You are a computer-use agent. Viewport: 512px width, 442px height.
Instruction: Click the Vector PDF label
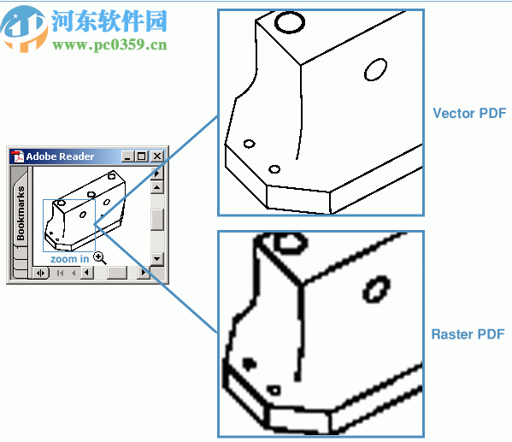pyautogui.click(x=468, y=113)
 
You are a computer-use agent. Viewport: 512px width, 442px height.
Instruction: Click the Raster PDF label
pyautogui.click(x=468, y=334)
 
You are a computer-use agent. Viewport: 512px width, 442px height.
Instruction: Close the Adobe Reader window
pyautogui.click(x=156, y=156)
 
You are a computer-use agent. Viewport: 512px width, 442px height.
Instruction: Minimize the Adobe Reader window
pyautogui.click(x=127, y=156)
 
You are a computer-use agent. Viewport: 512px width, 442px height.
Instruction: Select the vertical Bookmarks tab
pyautogui.click(x=21, y=213)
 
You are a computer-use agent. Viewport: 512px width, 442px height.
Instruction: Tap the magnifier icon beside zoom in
pyautogui.click(x=99, y=256)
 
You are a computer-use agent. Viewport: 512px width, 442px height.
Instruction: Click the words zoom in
pyautogui.click(x=69, y=258)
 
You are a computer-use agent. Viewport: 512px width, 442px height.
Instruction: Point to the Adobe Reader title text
pyautogui.click(x=60, y=156)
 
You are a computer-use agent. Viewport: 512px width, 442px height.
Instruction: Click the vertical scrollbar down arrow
pyautogui.click(x=157, y=257)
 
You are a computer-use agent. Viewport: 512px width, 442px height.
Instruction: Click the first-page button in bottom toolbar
pyautogui.click(x=60, y=273)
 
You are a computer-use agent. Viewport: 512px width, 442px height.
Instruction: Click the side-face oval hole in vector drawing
pyautogui.click(x=374, y=69)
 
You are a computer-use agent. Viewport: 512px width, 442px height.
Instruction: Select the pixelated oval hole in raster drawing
pyautogui.click(x=375, y=291)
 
